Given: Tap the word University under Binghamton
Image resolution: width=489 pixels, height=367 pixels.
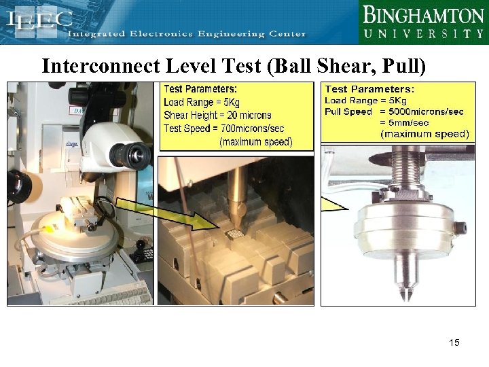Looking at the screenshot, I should pos(422,33).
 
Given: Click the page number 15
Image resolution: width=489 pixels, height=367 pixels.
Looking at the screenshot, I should pos(454,342).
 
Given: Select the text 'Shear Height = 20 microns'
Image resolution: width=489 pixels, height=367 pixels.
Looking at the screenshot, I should pos(217,115).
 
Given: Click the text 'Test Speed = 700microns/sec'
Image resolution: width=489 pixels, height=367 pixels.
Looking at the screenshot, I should pos(224,128).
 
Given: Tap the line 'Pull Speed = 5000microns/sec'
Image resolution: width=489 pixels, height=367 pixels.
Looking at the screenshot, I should pos(395,111).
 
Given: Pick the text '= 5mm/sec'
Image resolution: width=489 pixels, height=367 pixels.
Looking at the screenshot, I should pos(404,122).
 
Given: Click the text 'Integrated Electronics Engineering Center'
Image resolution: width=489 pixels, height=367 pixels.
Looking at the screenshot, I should pos(187,34).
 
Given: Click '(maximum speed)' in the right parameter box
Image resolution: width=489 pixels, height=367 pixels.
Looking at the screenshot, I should pos(424,134).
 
